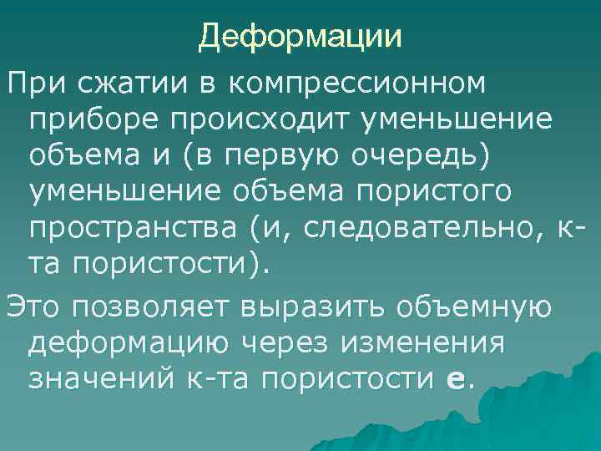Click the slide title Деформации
tap(300, 36)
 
